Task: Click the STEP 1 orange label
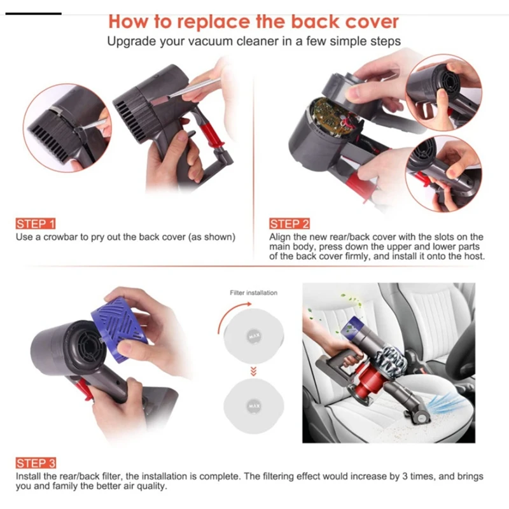coord(36,224)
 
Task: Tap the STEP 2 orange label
coord(289,224)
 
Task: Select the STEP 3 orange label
coord(36,463)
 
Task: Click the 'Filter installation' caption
coord(253,293)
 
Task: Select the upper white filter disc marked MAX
coord(254,333)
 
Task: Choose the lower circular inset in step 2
coord(443,172)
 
